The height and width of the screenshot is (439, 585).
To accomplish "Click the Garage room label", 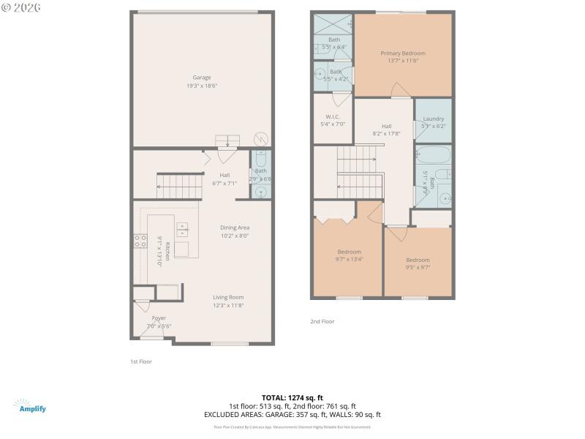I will pyautogui.click(x=202, y=78).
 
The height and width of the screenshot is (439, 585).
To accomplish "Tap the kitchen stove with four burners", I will pyautogui.click(x=139, y=241).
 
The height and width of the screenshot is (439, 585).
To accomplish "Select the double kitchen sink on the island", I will pyautogui.click(x=181, y=228).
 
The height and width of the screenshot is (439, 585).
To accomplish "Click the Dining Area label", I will pyautogui.click(x=235, y=228).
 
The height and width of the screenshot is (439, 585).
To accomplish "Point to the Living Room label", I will pyautogui.click(x=228, y=297).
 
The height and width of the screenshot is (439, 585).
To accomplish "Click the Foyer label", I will pyautogui.click(x=159, y=318).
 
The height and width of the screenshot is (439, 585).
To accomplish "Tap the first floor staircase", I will pyautogui.click(x=180, y=186).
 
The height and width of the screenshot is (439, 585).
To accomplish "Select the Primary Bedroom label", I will pyautogui.click(x=402, y=53).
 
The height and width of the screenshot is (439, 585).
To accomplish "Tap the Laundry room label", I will pyautogui.click(x=433, y=119).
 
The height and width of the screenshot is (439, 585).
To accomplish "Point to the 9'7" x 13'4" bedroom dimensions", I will pyautogui.click(x=349, y=259).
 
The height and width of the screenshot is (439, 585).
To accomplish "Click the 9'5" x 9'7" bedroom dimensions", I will pyautogui.click(x=418, y=267).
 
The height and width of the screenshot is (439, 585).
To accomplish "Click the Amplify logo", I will pyautogui.click(x=29, y=406).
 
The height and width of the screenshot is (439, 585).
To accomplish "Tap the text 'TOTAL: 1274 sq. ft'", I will pyautogui.click(x=292, y=397).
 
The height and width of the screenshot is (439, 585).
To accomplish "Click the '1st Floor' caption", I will pyautogui.click(x=141, y=361).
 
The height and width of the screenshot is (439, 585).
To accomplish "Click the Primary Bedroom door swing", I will pyautogui.click(x=399, y=91).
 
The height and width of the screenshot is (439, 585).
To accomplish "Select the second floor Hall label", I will pyautogui.click(x=387, y=125).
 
